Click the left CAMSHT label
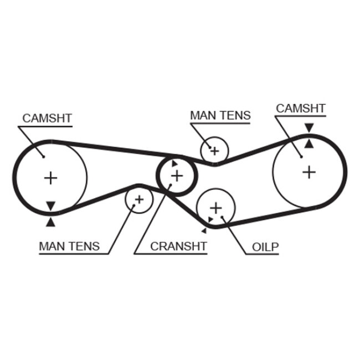(x=47, y=119)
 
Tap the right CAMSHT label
(x=301, y=109)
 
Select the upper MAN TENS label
(x=220, y=116)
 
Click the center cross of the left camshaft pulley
(x=50, y=178)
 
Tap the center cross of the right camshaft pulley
(x=309, y=172)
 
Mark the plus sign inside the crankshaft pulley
(x=177, y=176)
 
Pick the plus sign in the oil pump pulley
(x=215, y=208)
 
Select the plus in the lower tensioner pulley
(x=138, y=199)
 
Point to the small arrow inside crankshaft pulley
(x=174, y=164)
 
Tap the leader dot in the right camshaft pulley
(x=301, y=157)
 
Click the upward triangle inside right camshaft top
(x=309, y=143)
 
